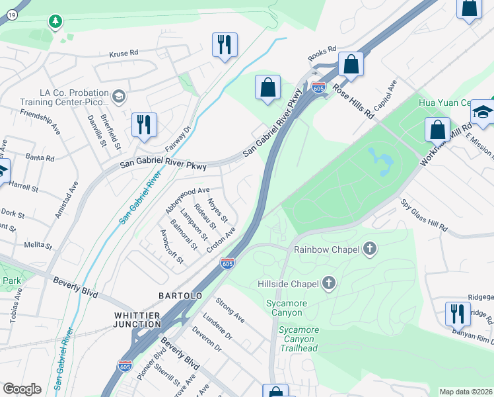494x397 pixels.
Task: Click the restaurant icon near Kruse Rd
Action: [225, 45]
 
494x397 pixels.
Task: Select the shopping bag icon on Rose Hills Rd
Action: [351, 65]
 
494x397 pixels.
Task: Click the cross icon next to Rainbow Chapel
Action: [370, 249]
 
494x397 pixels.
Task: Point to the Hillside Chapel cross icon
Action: [328, 284]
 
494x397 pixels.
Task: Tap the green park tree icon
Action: [55, 22]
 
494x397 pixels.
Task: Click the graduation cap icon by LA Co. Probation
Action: [119, 97]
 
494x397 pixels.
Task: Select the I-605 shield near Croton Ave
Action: [227, 263]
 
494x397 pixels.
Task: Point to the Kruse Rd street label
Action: [123, 52]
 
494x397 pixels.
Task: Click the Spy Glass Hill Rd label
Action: [424, 215]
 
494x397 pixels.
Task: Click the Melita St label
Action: [38, 245]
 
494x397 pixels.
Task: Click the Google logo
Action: [22, 389]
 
